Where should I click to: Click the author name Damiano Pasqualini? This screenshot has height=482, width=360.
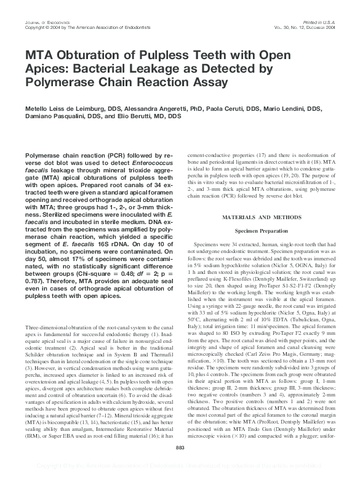[52, 116]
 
